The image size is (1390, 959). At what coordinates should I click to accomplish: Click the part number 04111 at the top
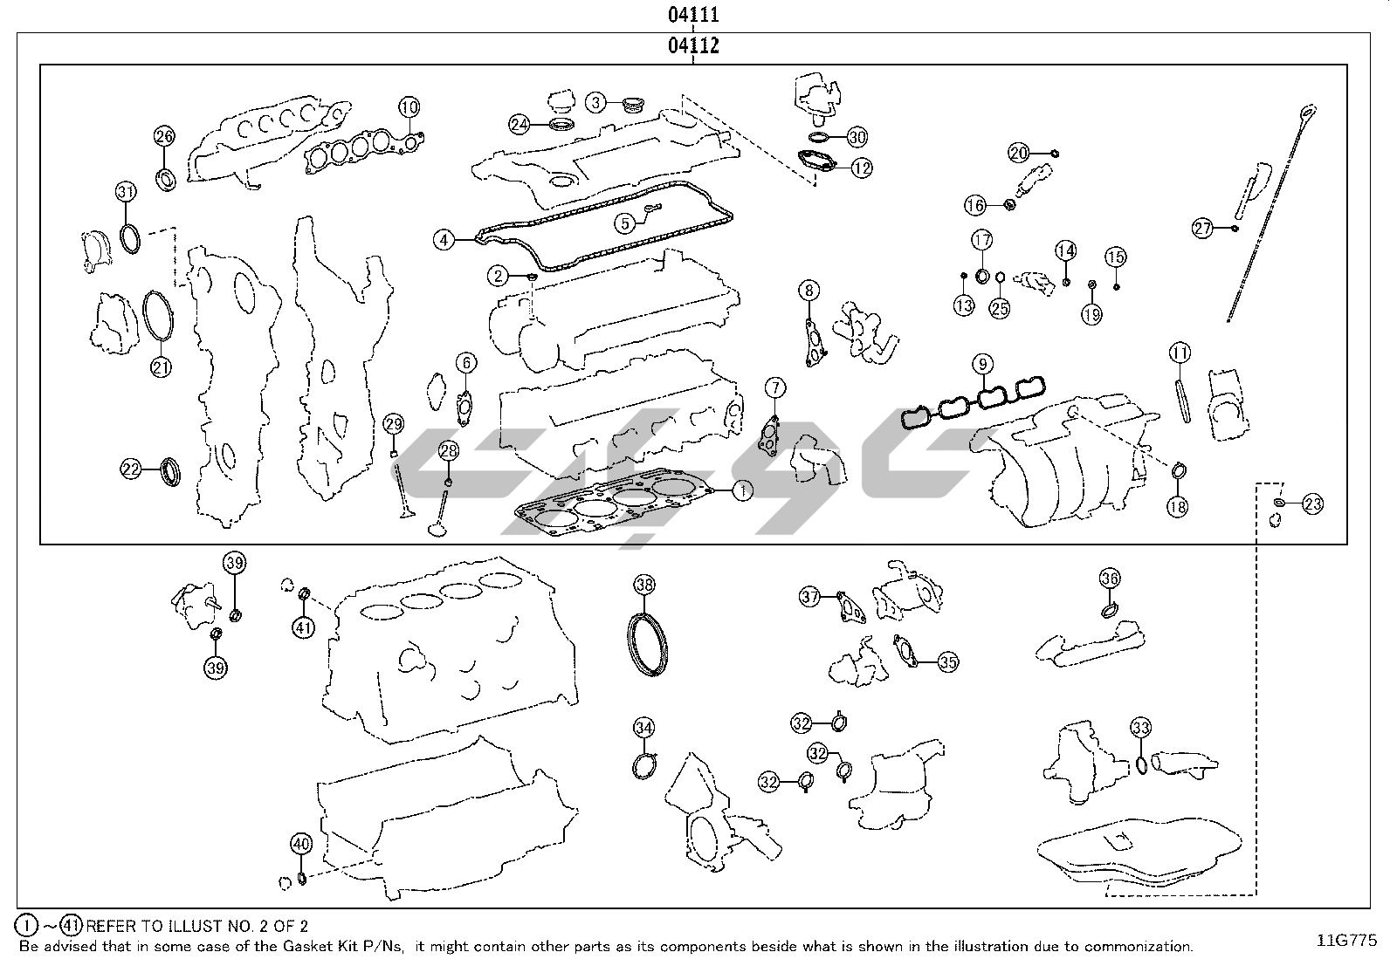(x=693, y=15)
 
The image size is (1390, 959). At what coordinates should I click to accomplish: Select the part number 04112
(x=693, y=45)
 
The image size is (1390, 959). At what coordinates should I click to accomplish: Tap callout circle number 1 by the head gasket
(x=741, y=491)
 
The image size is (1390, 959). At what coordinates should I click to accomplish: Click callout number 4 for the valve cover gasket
(x=444, y=238)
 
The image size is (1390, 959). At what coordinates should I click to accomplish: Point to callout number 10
(x=409, y=107)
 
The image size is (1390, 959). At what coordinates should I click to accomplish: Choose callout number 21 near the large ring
(x=161, y=367)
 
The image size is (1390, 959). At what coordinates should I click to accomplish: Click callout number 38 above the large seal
(x=644, y=585)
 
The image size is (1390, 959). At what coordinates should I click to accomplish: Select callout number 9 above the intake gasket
(x=982, y=363)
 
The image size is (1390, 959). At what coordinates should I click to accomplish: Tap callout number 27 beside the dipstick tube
(x=1203, y=229)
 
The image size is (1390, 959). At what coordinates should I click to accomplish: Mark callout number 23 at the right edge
(x=1312, y=503)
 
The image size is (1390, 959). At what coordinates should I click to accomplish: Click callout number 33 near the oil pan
(x=1140, y=728)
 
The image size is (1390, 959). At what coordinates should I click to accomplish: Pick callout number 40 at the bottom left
(x=300, y=844)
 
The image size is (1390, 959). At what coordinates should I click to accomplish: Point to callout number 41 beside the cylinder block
(x=303, y=627)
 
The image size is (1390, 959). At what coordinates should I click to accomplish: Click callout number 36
(x=1109, y=578)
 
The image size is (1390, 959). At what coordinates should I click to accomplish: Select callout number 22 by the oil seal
(x=131, y=469)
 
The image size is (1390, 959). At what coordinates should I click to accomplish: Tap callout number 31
(x=127, y=192)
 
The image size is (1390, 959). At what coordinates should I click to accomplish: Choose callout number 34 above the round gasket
(x=643, y=728)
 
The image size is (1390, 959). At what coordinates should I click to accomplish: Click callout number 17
(x=982, y=240)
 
